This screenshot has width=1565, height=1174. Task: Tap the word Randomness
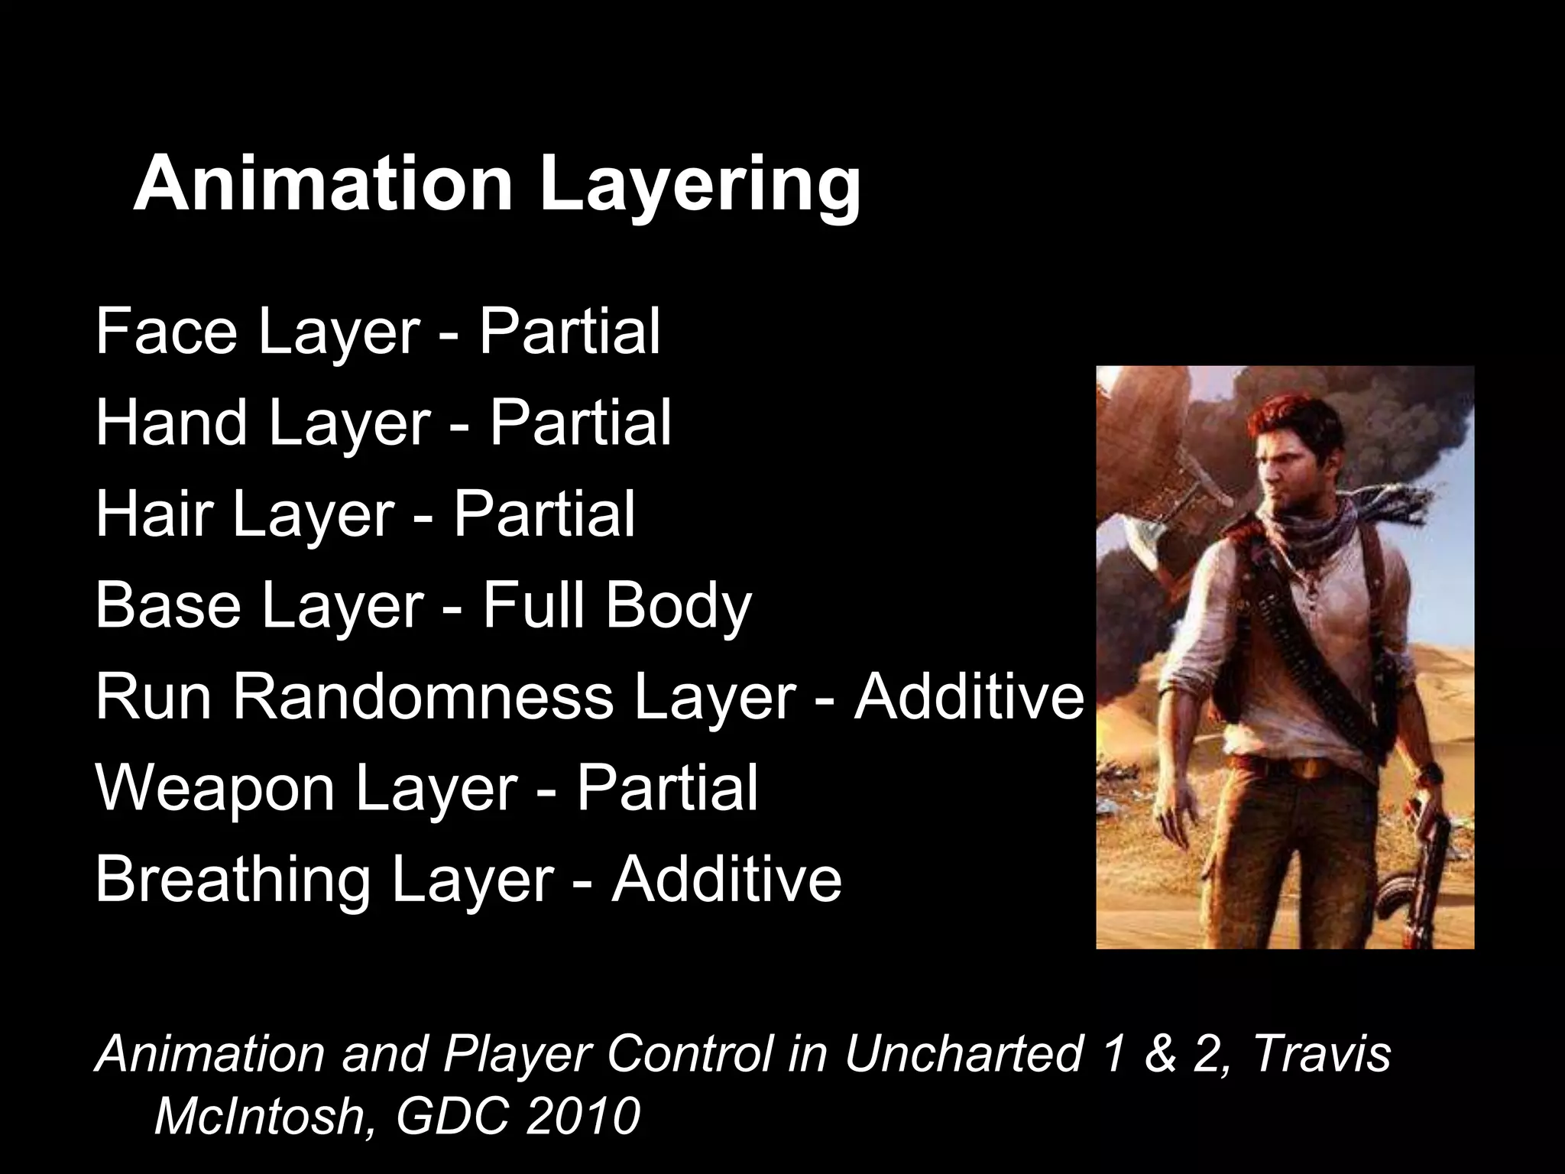[423, 696]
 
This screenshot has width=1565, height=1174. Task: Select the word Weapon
[215, 789]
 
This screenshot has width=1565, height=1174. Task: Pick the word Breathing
[233, 879]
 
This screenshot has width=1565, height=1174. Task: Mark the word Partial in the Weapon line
[666, 787]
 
